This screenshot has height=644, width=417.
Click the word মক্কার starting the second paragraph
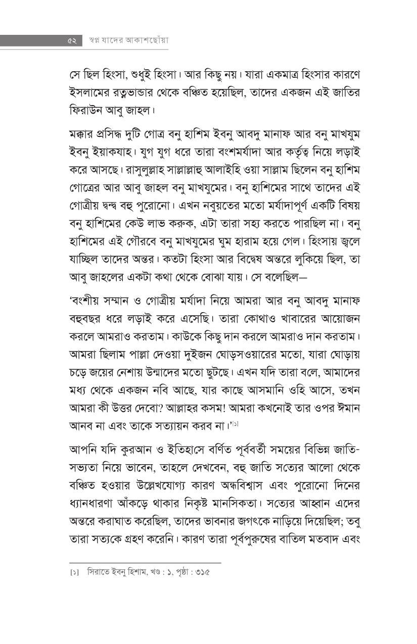(83, 134)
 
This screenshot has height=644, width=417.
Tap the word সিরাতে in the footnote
(98, 573)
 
